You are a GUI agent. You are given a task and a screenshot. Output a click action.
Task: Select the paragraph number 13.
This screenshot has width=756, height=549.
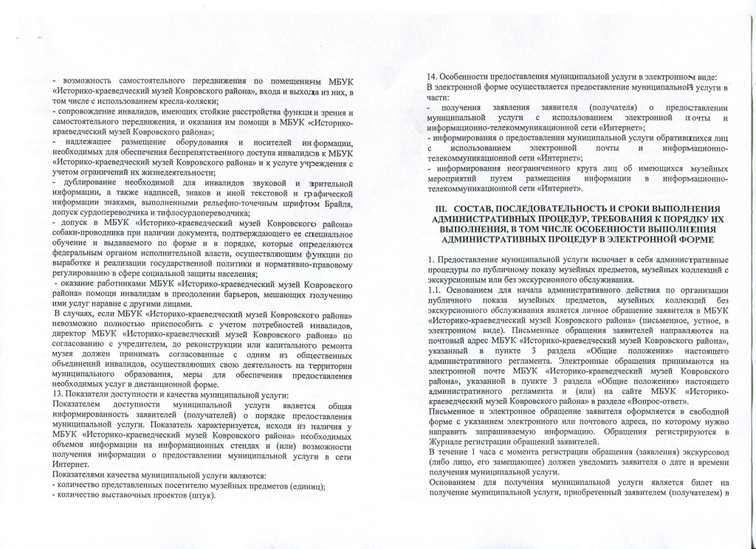click(58, 396)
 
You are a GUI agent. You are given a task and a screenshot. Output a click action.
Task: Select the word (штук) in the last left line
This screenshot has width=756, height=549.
click(201, 494)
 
